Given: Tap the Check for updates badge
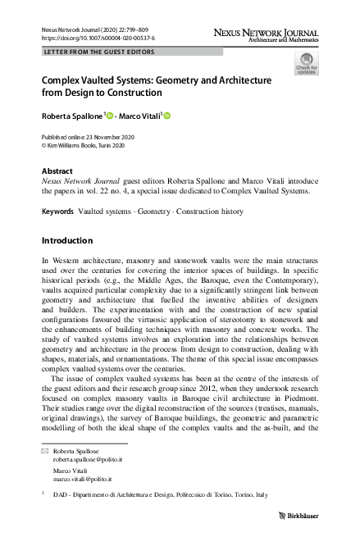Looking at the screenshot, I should pyautogui.click(x=307, y=64).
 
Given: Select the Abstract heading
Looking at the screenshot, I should pyautogui.click(x=57, y=171).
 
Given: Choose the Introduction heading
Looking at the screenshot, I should pyautogui.click(x=66, y=241).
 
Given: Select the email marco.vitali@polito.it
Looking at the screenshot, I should pyautogui.click(x=82, y=480).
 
